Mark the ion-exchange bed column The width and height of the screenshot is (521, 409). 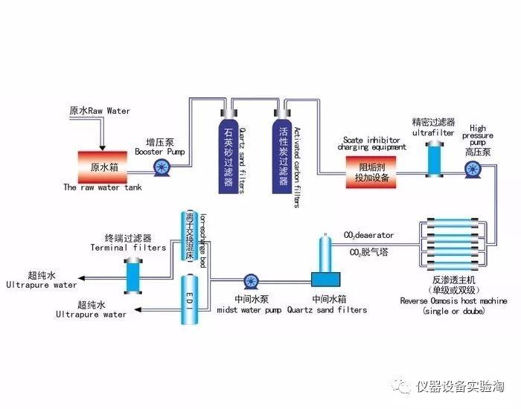pyautogui.click(x=189, y=236)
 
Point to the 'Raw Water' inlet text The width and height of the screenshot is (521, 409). pyautogui.click(x=99, y=111)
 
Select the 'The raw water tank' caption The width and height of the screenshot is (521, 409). pyautogui.click(x=102, y=187)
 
